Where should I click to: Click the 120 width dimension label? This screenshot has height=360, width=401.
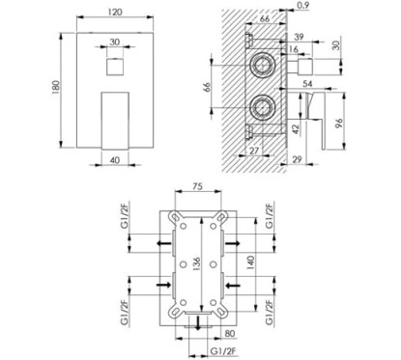pos(115,12)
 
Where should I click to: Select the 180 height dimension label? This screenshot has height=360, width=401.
pos(56,88)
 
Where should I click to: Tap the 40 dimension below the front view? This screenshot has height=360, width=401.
pos(115,160)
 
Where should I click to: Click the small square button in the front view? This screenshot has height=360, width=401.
pos(114,67)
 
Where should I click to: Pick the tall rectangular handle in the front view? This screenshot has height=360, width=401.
pos(115,121)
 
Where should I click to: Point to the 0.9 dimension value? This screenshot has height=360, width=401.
pos(302,5)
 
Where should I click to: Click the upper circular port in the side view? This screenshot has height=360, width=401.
pos(263,64)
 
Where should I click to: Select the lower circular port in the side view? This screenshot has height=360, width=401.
pos(263,108)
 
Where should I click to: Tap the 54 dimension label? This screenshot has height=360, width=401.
pos(307,84)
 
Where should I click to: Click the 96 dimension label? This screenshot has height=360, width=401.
pos(339,123)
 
